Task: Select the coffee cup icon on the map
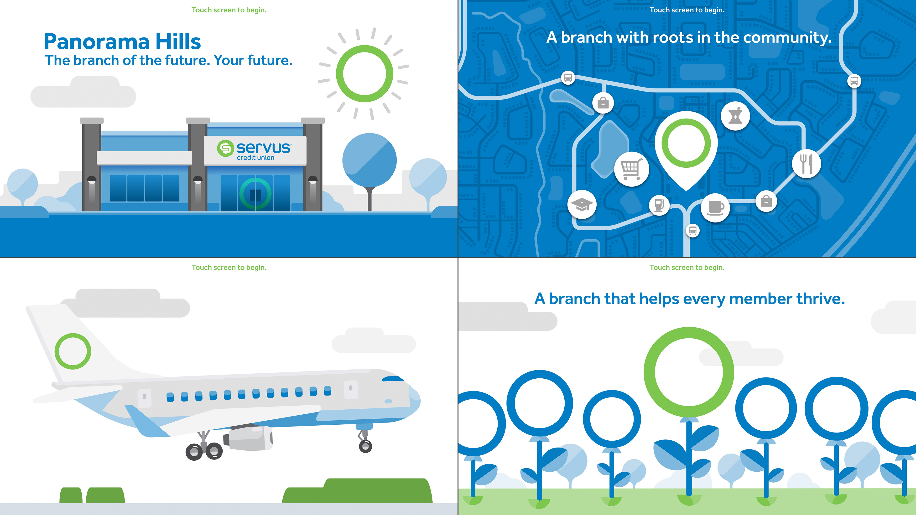pos(715,208)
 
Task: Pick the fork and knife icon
pos(806,164)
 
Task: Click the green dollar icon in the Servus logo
pos(225,148)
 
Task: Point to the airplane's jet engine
pos(248,438)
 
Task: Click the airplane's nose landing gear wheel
pos(365,446)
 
